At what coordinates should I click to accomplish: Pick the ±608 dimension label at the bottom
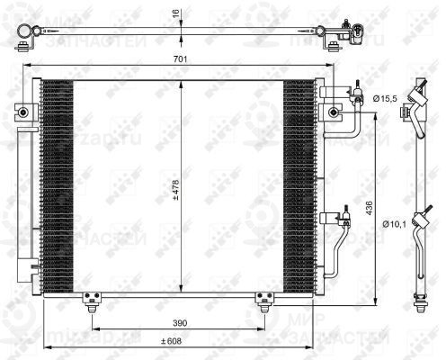171,341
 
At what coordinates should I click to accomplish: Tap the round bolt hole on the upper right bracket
334,113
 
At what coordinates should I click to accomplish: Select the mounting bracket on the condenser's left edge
20,112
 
